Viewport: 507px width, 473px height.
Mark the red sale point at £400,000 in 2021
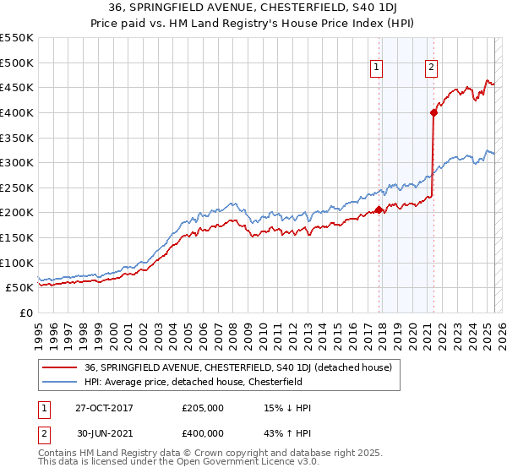click(x=433, y=111)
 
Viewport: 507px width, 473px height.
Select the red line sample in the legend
click(x=58, y=368)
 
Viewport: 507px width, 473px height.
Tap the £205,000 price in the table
click(x=202, y=408)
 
